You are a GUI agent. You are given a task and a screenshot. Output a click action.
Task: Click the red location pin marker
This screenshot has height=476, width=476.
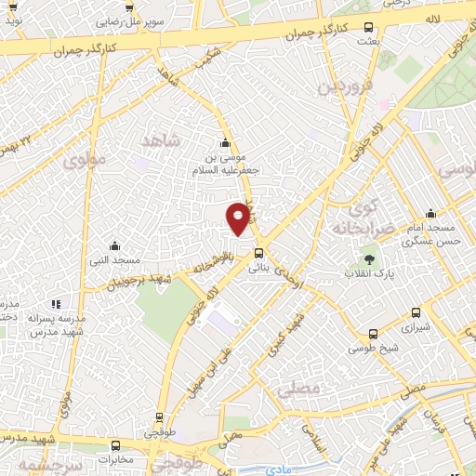click(239, 218)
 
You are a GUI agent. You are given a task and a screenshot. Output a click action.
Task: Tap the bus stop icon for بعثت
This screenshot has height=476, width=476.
click(370, 28)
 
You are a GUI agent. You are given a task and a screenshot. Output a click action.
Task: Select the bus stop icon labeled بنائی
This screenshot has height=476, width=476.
click(258, 252)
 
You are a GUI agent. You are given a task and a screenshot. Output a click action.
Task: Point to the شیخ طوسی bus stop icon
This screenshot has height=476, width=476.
click(373, 334)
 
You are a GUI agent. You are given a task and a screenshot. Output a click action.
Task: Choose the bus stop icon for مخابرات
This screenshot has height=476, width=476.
click(115, 445)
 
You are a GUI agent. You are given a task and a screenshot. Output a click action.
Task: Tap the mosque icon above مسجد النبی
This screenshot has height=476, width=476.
click(113, 245)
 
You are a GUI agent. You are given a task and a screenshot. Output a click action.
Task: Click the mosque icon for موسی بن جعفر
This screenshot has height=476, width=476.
click(224, 143)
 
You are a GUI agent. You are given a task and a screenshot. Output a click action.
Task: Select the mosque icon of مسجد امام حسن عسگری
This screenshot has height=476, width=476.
click(430, 213)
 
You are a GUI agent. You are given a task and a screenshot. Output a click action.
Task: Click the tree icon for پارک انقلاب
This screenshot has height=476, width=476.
click(370, 259)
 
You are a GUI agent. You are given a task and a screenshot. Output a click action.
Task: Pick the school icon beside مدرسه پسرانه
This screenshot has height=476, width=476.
click(56, 304)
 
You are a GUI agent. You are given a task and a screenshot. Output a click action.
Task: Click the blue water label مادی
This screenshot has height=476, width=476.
click(277, 469)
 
